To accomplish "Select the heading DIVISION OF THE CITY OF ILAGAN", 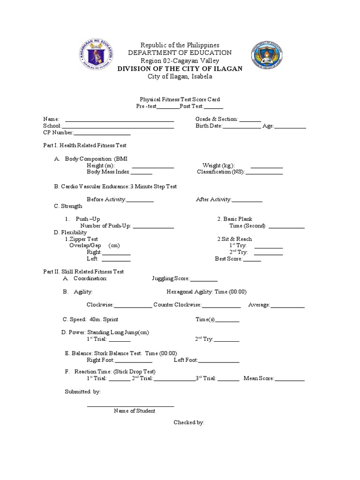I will click(x=180, y=68).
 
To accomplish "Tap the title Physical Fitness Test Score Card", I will click(x=180, y=99).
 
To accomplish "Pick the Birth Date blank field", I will click(x=241, y=127).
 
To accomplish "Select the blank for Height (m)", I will click(x=153, y=166).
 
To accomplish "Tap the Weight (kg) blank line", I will click(x=267, y=166).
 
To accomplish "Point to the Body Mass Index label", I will click(x=108, y=172).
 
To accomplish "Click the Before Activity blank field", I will click(x=140, y=201).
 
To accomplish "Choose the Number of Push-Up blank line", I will click(x=153, y=227).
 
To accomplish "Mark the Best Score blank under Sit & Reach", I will click(x=252, y=259).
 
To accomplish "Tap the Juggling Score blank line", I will click(x=204, y=279).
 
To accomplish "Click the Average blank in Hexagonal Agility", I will click(x=287, y=306).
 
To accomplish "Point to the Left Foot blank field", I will click(x=219, y=361).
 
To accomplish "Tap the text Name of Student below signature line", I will click(x=135, y=411).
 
